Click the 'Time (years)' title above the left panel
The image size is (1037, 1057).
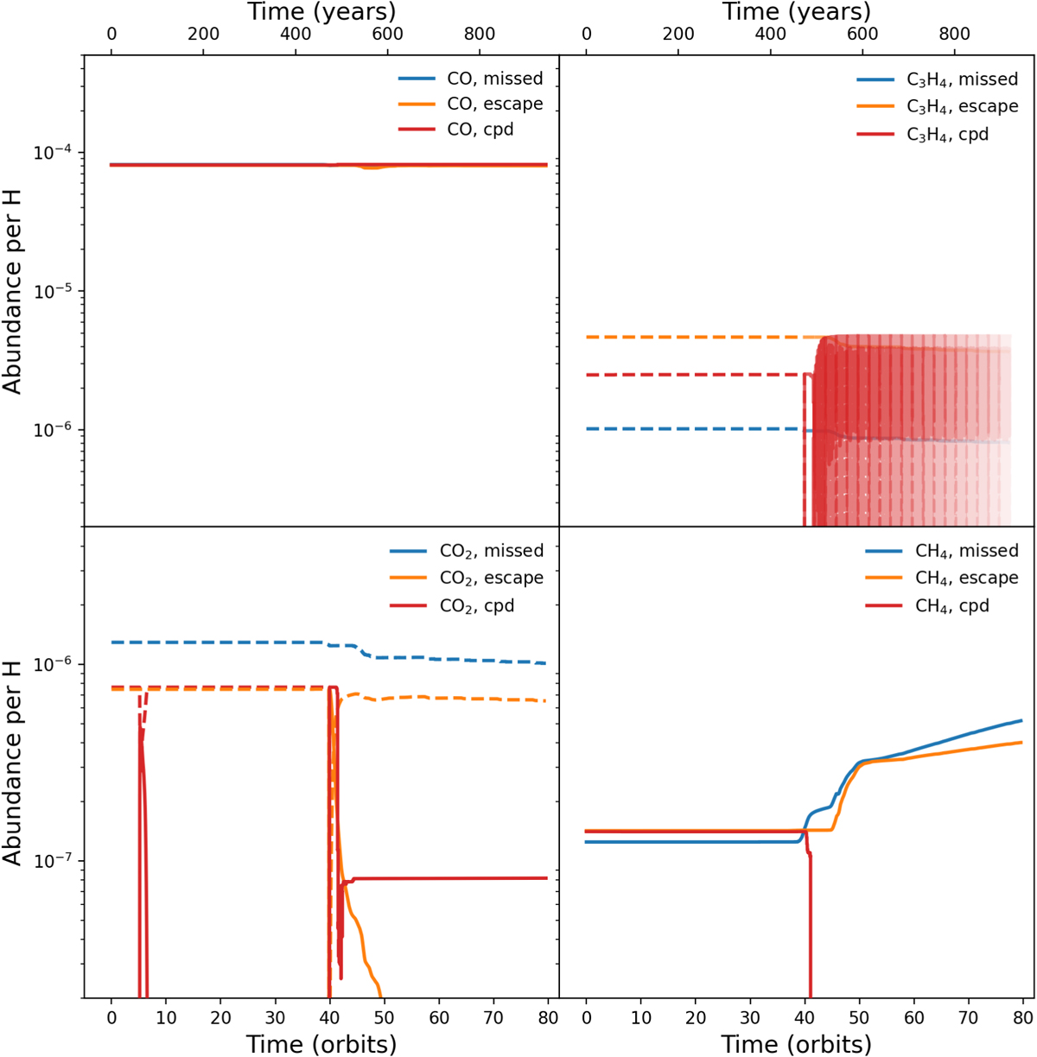[x=321, y=12]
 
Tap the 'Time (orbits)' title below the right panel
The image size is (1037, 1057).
[x=796, y=1044]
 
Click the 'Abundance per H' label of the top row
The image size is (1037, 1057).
[x=12, y=291]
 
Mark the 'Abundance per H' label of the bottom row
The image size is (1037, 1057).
[x=12, y=763]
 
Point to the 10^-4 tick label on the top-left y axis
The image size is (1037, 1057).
[x=52, y=153]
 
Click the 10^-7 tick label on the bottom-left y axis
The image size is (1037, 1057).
[x=52, y=861]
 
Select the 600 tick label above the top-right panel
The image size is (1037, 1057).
[x=862, y=35]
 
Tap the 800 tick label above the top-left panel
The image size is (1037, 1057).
[x=480, y=35]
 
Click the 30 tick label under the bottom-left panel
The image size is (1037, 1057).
[x=275, y=1017]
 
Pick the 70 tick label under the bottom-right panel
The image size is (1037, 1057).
[x=968, y=1017]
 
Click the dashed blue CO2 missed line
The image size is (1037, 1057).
[x=216, y=642]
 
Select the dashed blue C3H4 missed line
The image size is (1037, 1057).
[x=691, y=429]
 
